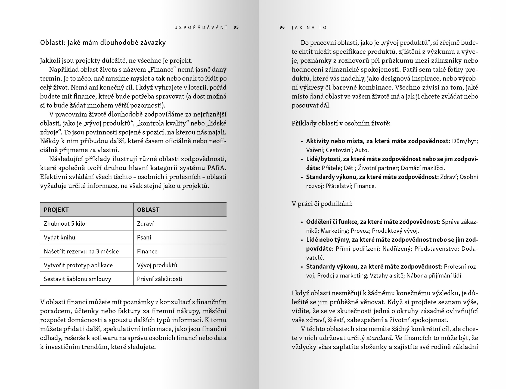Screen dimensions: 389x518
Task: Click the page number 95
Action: coord(236,27)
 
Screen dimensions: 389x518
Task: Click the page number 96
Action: coord(282,27)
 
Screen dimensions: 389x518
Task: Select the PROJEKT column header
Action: coord(56,210)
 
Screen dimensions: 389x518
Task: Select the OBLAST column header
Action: coord(148,210)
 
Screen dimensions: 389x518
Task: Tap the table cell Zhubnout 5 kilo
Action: coord(64,224)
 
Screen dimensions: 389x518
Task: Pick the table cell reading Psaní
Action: coord(144,238)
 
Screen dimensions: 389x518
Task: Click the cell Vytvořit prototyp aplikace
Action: coord(78,265)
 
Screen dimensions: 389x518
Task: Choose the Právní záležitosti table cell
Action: coord(160,279)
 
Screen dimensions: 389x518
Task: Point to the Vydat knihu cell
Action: coord(60,238)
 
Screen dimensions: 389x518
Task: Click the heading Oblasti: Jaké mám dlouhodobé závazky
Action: coord(103,43)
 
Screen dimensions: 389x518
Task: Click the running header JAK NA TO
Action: coord(309,27)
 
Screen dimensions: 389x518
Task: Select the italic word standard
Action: coord(379,338)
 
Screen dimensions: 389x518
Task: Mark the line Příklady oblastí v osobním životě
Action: coord(341,123)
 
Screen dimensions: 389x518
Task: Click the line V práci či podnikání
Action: coord(322,204)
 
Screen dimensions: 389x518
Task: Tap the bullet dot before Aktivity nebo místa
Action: coord(302,142)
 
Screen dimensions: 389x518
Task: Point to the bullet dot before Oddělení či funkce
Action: coord(302,222)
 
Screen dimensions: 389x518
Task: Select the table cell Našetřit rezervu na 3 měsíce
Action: coord(81,251)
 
